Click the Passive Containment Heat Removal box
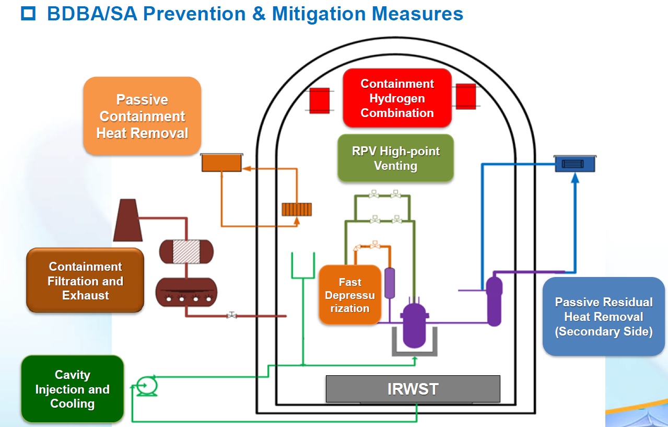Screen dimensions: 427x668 tap(142, 116)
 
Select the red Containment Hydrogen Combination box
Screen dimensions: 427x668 tap(397, 98)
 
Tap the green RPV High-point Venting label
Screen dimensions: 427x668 tap(395, 158)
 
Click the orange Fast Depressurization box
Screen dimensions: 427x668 tap(349, 295)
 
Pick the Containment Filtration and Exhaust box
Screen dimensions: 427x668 tap(85, 281)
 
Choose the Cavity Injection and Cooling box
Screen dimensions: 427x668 tap(72, 389)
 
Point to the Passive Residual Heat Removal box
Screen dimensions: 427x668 tap(603, 317)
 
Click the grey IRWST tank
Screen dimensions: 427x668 tap(413, 389)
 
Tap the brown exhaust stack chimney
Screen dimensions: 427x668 tap(127, 220)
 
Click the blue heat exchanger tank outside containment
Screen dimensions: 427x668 tap(575, 164)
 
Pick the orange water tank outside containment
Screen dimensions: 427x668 tap(222, 163)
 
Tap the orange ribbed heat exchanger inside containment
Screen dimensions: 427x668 tap(297, 209)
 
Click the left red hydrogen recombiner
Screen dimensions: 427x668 tap(319, 100)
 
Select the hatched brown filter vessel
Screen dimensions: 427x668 tap(186, 251)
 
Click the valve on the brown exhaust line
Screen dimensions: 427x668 tap(232, 316)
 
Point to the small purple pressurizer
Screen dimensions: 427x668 tap(390, 283)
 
